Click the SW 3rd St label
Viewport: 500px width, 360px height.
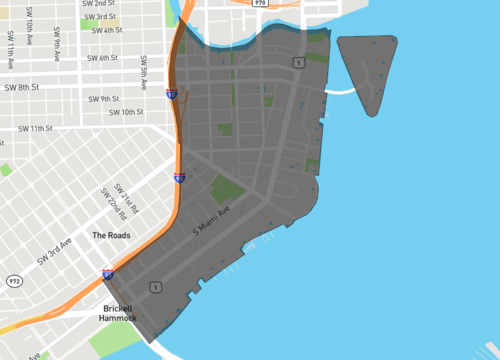click(100, 17)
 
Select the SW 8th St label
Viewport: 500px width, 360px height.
click(22, 87)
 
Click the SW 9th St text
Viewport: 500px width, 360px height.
click(103, 98)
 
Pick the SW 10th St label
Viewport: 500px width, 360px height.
click(127, 112)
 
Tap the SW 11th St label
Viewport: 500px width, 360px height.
click(35, 128)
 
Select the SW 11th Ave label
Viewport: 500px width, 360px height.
click(11, 51)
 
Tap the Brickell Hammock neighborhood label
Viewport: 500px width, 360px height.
click(124, 313)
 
